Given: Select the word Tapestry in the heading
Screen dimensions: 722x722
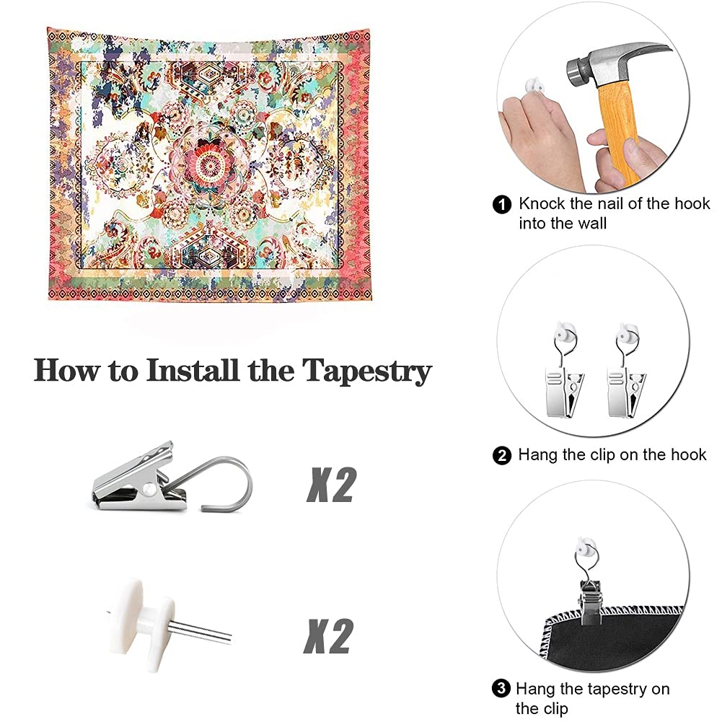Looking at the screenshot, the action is (x=367, y=371).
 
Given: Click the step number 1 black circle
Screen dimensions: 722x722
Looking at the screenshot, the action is (x=502, y=204).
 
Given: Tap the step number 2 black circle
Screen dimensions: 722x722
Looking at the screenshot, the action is (x=502, y=456).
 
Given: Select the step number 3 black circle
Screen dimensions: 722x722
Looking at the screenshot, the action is (x=501, y=689).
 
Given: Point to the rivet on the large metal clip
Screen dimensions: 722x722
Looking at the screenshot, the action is (x=149, y=487).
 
